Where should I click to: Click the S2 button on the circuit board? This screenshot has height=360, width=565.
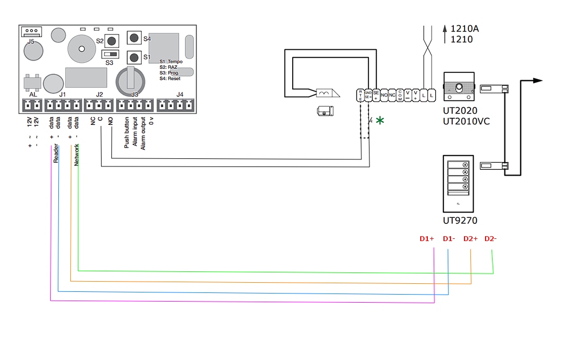tap(112, 41)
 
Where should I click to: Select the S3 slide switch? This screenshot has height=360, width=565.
tap(110, 55)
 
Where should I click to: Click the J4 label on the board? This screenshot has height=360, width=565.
tap(180, 95)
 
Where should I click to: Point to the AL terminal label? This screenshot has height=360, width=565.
tap(33, 95)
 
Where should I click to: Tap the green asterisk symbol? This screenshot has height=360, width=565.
tap(380, 121)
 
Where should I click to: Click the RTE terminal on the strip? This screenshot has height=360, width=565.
tap(361, 95)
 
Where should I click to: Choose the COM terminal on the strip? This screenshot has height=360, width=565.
tap(400, 96)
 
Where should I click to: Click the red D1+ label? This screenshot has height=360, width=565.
tap(427, 238)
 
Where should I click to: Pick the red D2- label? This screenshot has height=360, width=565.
tap(490, 238)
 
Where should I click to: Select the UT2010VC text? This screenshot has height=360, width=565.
tap(466, 121)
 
